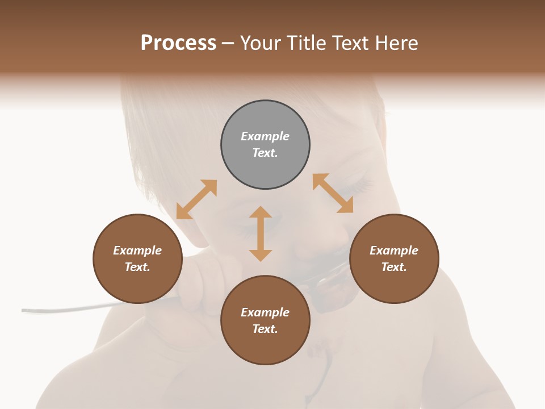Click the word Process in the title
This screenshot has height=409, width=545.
click(178, 43)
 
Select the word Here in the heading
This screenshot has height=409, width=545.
click(396, 43)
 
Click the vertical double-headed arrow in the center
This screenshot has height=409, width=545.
click(261, 233)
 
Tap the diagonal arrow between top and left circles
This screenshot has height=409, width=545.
click(196, 199)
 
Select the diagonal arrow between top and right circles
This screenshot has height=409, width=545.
click(333, 193)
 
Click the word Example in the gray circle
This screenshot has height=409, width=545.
click(265, 136)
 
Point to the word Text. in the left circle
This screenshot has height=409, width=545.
click(137, 267)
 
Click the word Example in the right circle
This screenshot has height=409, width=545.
click(394, 251)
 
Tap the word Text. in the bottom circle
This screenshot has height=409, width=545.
click(265, 329)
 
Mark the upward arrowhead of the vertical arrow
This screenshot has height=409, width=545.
click(261, 212)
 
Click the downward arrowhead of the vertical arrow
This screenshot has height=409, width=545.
click(261, 255)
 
